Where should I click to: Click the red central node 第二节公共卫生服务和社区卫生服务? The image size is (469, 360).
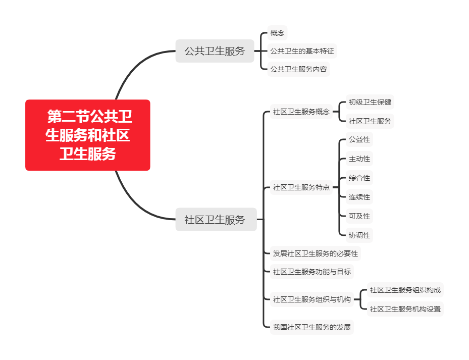coord(88,135)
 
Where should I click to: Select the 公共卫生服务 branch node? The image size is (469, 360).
coord(215,51)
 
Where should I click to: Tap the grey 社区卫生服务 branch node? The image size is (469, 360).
coord(216,220)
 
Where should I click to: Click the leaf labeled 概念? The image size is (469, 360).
coord(277,33)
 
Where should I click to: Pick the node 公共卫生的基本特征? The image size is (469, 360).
coord(302,51)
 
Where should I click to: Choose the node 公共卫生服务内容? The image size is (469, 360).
coord(298,69)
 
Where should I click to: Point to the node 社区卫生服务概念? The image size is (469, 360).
coord(301,112)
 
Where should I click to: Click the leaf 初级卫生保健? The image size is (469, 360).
coord(370,102)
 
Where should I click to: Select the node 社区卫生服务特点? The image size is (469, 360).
coord(301,187)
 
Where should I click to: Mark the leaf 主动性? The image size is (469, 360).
coord(359,159)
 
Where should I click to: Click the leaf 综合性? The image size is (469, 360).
coord(359,178)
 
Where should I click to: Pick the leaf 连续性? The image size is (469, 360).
coord(359,197)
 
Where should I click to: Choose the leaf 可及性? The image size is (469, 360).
coord(359,216)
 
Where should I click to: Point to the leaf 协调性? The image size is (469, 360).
coord(359,235)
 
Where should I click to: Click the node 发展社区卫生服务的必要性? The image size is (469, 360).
coord(315,253)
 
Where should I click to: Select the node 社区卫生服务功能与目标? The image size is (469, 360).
coord(311,271)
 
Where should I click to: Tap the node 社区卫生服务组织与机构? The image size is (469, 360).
coord(311,299)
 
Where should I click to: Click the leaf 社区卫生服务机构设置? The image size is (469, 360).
coord(405,309)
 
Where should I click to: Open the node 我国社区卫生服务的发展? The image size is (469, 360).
coord(311,327)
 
